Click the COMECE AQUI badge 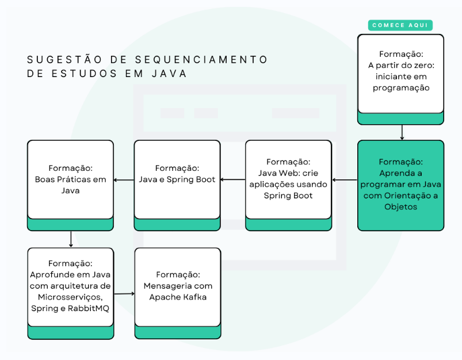(x=400, y=25)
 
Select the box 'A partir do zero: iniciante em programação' (x=400, y=71)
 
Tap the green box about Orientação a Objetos (x=400, y=184)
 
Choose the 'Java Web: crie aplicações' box (x=288, y=179)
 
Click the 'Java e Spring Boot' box (x=177, y=179)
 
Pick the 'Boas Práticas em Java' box (x=70, y=179)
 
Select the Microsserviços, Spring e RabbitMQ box (x=70, y=286)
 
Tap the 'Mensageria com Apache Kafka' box (x=177, y=286)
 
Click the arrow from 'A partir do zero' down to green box (x=401, y=132)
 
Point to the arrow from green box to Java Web (x=345, y=180)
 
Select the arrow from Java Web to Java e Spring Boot (x=233, y=180)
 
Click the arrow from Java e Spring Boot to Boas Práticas (x=124, y=180)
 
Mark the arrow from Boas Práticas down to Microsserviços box (x=70, y=239)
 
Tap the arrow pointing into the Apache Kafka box (x=124, y=294)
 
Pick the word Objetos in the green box (x=400, y=206)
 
